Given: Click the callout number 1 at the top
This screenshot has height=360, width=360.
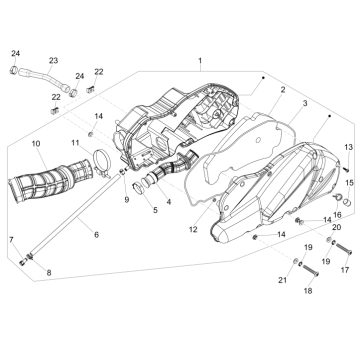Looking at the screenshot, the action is coord(200,61).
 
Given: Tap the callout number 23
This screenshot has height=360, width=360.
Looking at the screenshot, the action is coord(53,61).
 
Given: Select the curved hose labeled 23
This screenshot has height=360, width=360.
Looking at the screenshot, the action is coord(44,79).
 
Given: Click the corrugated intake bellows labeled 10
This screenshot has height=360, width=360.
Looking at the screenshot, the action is coord(49,180).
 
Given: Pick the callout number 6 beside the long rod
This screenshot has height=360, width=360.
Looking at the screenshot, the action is coord(96,235).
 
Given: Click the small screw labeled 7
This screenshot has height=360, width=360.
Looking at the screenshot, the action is coord(23,263).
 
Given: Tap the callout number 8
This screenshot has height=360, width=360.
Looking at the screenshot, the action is coord(49,273).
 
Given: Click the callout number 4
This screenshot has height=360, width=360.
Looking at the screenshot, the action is coord(169,202).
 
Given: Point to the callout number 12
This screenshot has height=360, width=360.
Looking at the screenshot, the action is coord(193,229).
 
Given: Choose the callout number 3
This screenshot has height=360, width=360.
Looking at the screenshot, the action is coord(305,104).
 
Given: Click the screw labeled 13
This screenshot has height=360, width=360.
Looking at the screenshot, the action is coord(346,170).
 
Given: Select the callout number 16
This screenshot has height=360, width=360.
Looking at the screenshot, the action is coord(337,214).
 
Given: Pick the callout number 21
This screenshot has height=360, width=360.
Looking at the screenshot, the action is coord(282,280).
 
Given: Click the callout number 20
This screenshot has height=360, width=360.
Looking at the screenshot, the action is coord(337,227).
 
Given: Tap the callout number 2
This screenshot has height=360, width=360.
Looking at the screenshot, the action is coord(283,90).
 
